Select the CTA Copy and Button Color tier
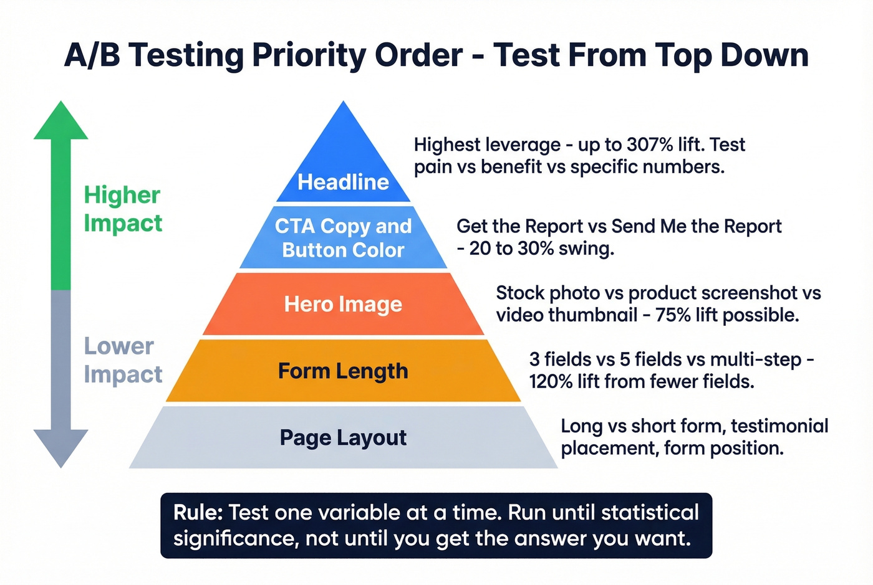click(x=343, y=238)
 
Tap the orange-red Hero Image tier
click(x=343, y=305)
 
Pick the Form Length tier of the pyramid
click(x=343, y=371)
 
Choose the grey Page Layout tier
click(x=343, y=437)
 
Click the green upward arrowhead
click(x=60, y=122)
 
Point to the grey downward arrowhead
click(x=60, y=447)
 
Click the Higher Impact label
click(x=123, y=209)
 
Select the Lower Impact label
click(x=123, y=360)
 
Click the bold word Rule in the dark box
click(x=197, y=513)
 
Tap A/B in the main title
click(x=92, y=55)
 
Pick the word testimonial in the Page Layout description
click(x=779, y=426)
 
